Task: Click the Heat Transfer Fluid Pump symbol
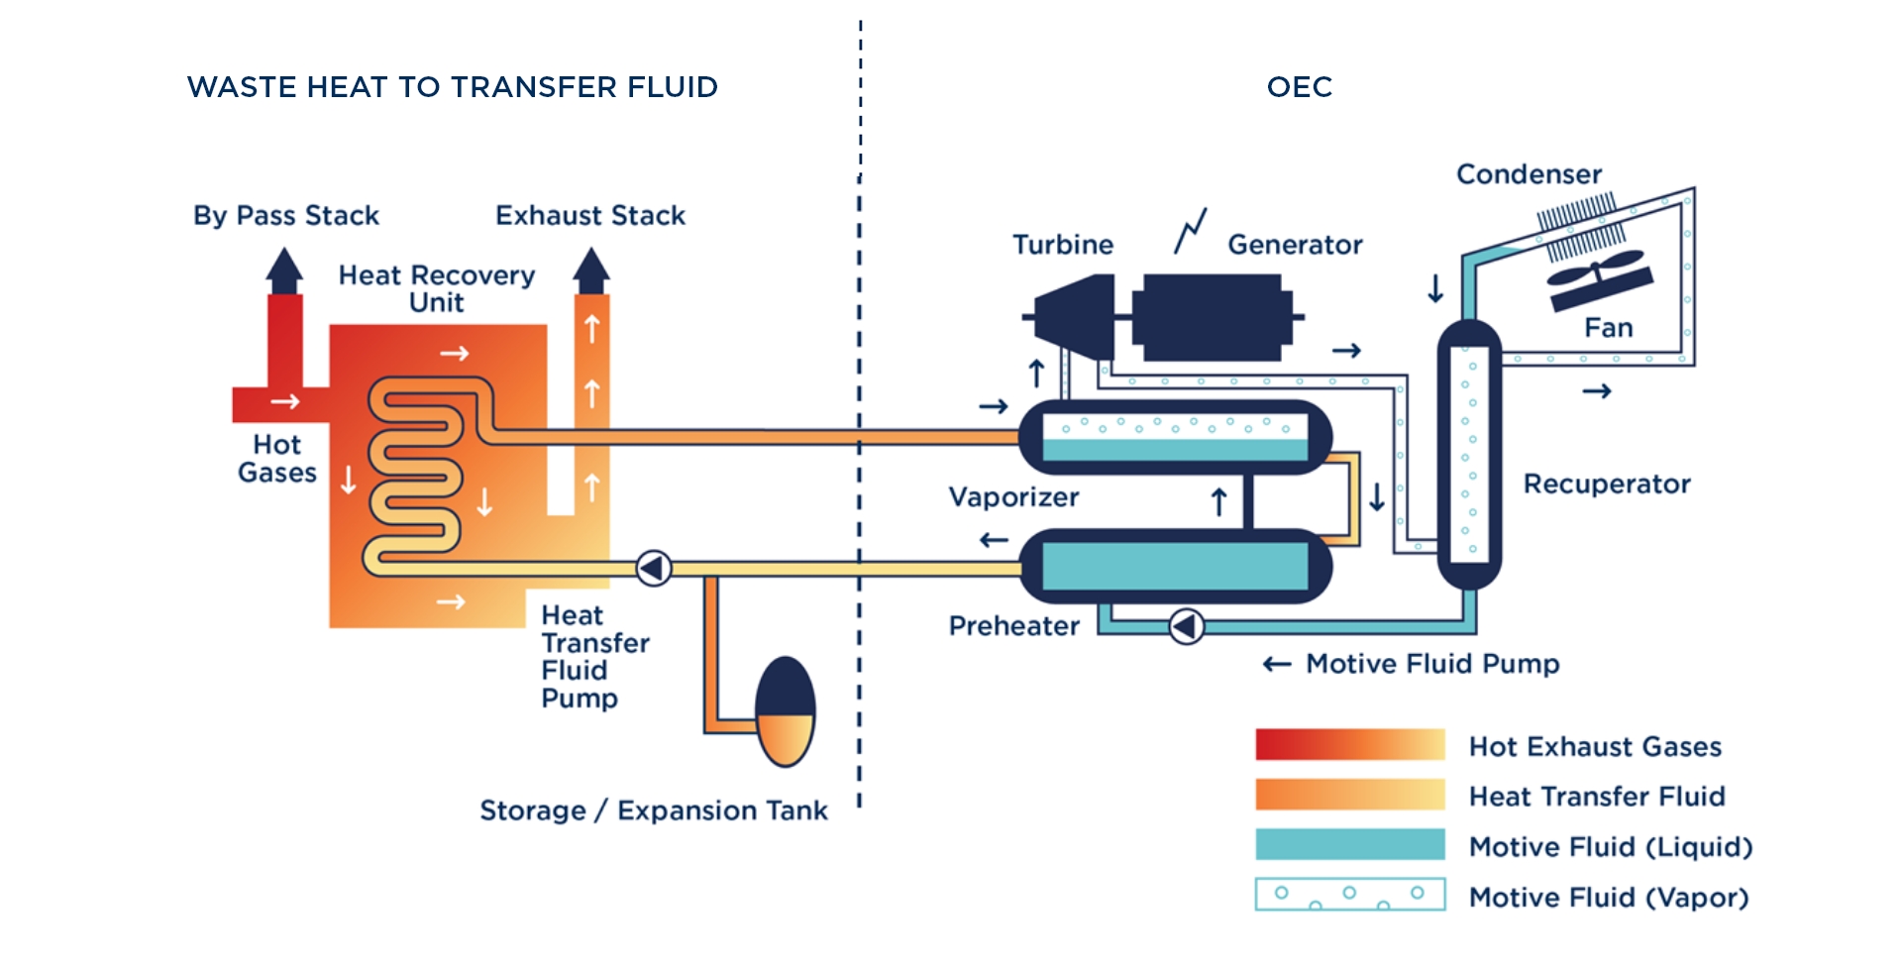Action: pyautogui.click(x=654, y=568)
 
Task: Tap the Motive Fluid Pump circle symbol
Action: pyautogui.click(x=1186, y=626)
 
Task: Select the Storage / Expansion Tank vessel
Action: pyautogui.click(x=785, y=711)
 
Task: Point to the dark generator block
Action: pyautogui.click(x=1213, y=317)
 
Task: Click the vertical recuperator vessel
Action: pyautogui.click(x=1469, y=454)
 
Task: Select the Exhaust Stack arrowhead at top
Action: pyautogui.click(x=591, y=269)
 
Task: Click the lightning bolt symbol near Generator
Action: pyautogui.click(x=1191, y=230)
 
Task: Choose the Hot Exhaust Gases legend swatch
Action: pyautogui.click(x=1349, y=744)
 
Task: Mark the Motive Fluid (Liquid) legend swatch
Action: pyautogui.click(x=1349, y=844)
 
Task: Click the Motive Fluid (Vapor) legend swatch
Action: pyautogui.click(x=1349, y=894)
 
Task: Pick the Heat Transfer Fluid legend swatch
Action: pyautogui.click(x=1349, y=795)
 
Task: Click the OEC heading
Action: pyautogui.click(x=1299, y=87)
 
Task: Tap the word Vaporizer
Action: pyautogui.click(x=1013, y=496)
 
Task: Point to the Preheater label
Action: pyautogui.click(x=1013, y=625)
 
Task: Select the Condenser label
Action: pyautogui.click(x=1529, y=174)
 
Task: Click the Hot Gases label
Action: pyautogui.click(x=276, y=458)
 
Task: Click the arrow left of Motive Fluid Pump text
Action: pyautogui.click(x=1277, y=664)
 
